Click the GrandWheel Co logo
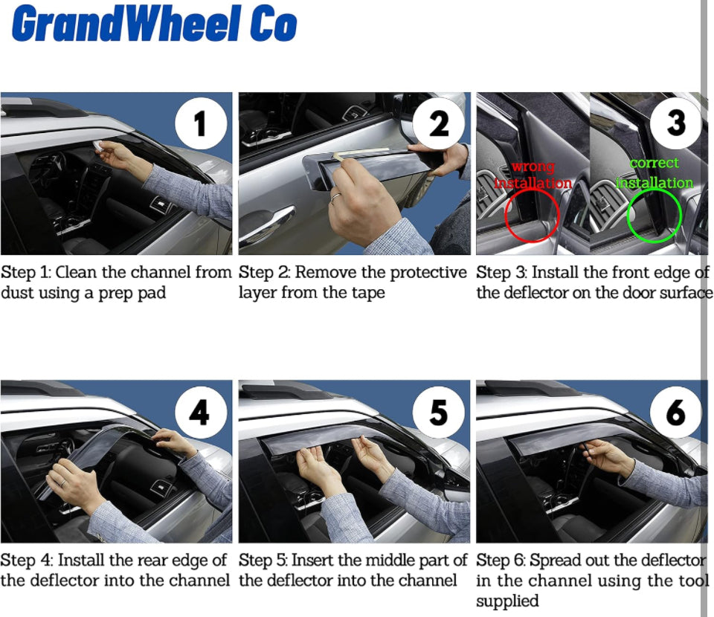(154, 24)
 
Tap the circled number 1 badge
(201, 123)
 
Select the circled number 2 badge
(439, 123)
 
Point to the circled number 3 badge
(676, 123)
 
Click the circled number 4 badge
(201, 412)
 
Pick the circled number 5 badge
(439, 412)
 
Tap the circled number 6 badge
(676, 412)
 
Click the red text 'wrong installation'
(533, 175)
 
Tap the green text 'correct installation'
(654, 173)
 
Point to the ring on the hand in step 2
(335, 196)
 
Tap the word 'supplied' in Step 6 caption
(507, 601)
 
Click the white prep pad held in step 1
(98, 145)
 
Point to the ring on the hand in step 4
(62, 482)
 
